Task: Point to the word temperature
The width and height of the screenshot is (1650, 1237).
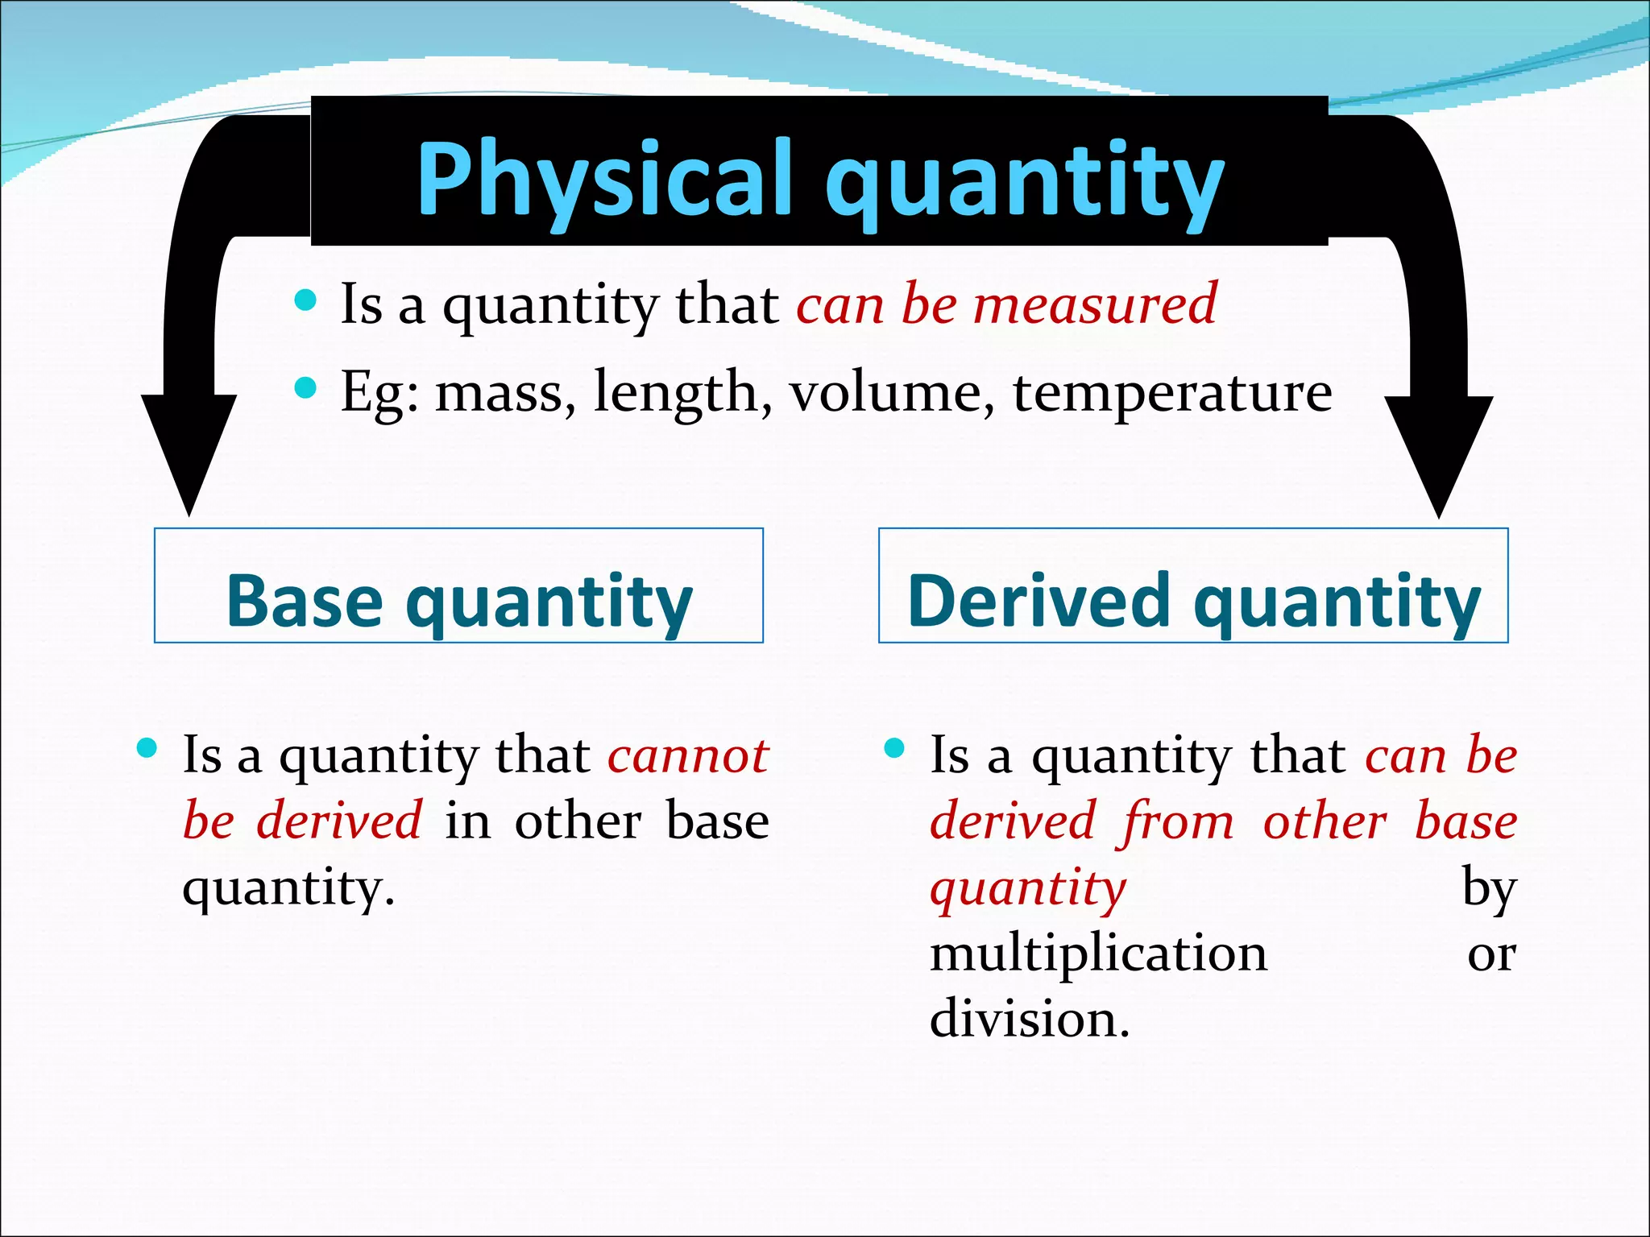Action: [1172, 393]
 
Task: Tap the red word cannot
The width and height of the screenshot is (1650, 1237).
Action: [688, 755]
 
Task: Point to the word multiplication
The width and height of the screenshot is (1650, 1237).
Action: [1098, 955]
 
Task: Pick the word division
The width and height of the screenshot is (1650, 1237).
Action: [1029, 1020]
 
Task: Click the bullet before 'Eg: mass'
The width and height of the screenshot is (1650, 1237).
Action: [305, 389]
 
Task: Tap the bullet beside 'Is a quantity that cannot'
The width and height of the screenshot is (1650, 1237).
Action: [147, 749]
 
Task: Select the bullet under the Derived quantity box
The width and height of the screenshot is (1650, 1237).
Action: [894, 749]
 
